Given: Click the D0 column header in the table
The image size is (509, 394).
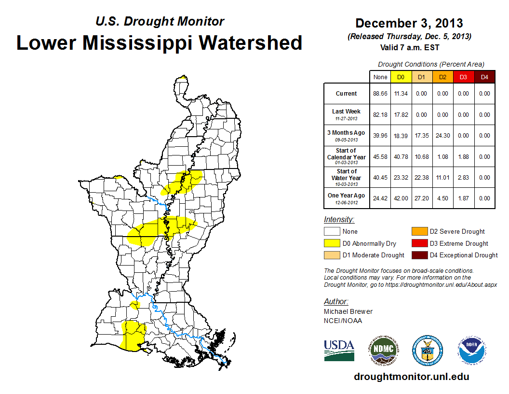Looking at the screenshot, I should pos(401,77).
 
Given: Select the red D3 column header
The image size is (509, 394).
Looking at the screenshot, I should pos(463,77).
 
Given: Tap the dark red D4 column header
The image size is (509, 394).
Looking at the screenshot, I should pos(484,77).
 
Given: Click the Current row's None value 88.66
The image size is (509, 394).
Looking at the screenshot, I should pos(380,94).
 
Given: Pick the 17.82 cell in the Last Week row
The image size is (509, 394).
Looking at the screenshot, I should pos(401,115).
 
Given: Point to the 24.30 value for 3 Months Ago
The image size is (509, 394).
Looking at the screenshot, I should pos(442,136).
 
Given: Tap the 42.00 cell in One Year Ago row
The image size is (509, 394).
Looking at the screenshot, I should pos(401,198).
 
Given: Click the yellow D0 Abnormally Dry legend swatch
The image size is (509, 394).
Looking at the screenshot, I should pos(332,243).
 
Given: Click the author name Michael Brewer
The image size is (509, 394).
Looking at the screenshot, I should pos(348,311).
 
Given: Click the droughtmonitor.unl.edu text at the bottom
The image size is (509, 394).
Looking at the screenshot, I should pos(411,377).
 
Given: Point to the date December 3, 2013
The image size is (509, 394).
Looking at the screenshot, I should pos(409,23).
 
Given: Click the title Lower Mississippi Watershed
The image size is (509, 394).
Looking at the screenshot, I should pos(159,43).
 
